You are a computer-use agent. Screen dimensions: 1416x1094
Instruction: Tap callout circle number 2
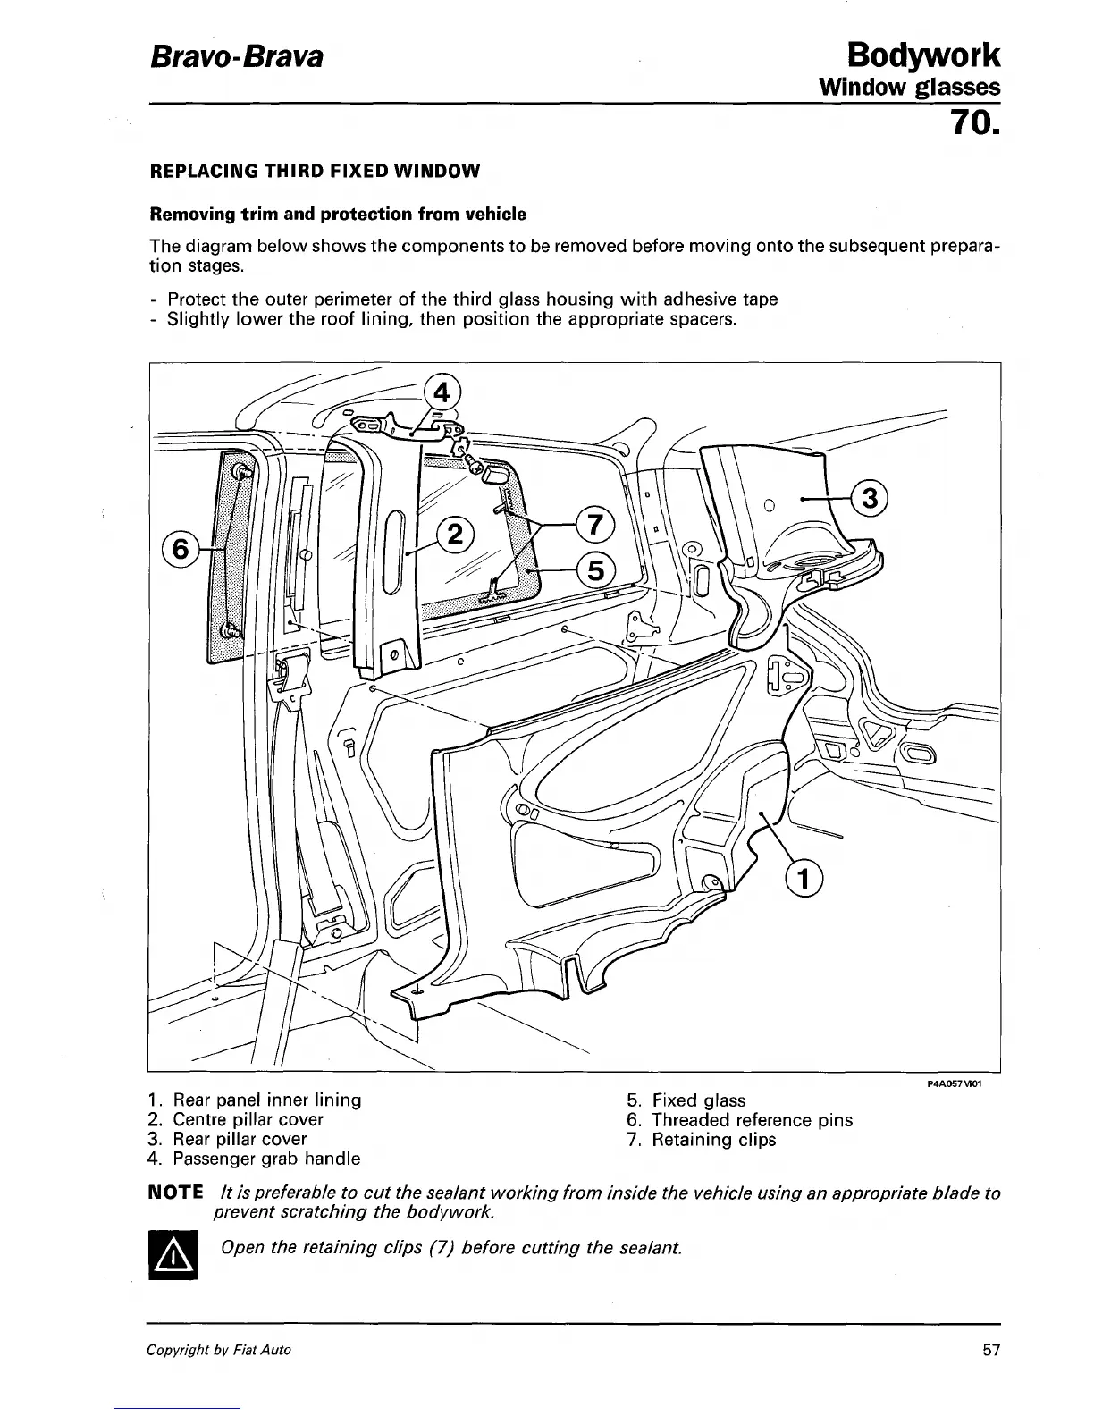454,535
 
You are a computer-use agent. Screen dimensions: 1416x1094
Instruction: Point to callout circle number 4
440,393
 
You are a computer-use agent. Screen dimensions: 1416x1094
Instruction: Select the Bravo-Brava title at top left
234,58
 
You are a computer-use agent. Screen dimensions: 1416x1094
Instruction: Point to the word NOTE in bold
175,1193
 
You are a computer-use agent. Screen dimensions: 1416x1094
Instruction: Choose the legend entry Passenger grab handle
265,1159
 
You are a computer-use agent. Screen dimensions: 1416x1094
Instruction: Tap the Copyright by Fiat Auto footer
219,1350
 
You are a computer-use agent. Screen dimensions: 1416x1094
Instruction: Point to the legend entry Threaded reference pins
751,1120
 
